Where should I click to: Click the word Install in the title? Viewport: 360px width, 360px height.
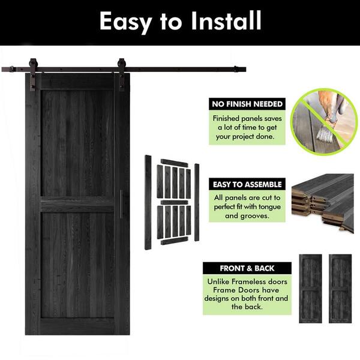(226, 20)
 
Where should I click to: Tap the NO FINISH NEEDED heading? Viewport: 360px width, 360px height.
(247, 104)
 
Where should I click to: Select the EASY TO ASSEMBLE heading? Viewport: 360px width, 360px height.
(247, 184)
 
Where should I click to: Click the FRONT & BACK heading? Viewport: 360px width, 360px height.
(247, 268)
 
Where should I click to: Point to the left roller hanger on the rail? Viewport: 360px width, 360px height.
(33, 74)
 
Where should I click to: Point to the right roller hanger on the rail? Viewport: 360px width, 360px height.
(121, 74)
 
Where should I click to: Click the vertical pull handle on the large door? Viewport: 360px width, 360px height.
(121, 205)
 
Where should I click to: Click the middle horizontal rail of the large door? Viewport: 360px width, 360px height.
(77, 204)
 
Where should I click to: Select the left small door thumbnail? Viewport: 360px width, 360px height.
(310, 289)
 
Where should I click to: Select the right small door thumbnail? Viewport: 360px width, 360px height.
(340, 289)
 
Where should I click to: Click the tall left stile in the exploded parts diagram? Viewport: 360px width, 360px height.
(148, 202)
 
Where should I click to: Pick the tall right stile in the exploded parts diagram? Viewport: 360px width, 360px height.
(197, 202)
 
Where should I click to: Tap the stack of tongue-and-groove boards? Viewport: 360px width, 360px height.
(323, 203)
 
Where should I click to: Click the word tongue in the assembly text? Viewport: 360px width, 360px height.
(269, 207)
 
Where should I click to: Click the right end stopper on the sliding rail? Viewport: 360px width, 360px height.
(236, 69)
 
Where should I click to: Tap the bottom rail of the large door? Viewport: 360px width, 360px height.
(77, 326)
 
